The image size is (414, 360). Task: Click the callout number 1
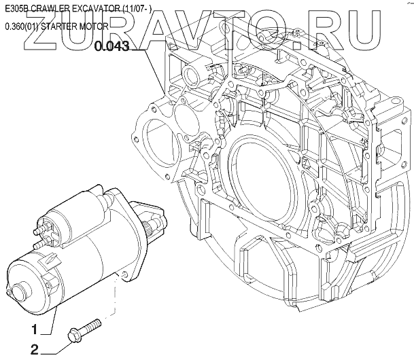(x=35, y=329)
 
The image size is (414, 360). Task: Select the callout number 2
(x=35, y=350)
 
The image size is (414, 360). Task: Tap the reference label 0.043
(x=112, y=46)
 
